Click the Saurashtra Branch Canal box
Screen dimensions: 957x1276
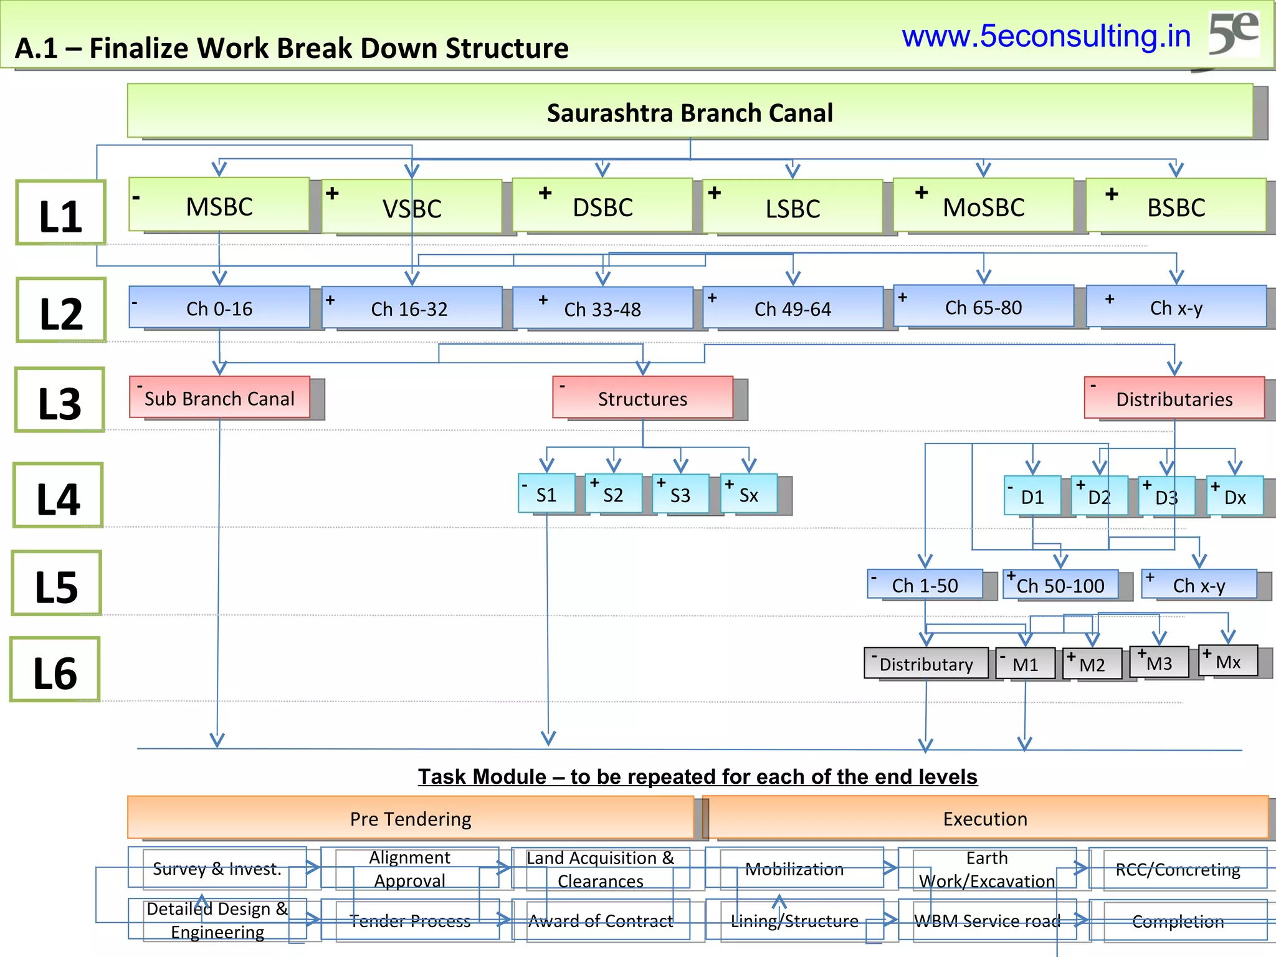tap(690, 112)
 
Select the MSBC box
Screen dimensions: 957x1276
tap(219, 206)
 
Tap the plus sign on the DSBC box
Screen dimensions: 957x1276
tap(545, 193)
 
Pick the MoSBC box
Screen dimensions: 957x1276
tap(983, 206)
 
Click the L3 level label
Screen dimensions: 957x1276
tap(60, 402)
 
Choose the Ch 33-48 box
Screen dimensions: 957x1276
tap(602, 308)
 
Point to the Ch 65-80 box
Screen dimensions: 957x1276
tap(983, 307)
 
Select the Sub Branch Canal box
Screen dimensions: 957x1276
tap(219, 398)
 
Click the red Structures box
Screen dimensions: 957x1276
tap(642, 398)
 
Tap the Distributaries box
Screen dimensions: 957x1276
tap(1174, 399)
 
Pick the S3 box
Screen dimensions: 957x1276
tap(680, 495)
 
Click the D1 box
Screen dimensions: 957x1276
tap(1032, 497)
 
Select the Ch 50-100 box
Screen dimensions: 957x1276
tap(1060, 585)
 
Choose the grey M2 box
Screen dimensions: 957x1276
tap(1092, 664)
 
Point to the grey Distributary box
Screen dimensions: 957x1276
tap(926, 664)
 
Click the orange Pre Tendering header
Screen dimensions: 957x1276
tap(411, 818)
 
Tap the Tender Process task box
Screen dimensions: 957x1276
tap(410, 920)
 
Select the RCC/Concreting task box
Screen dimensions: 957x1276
tap(1178, 869)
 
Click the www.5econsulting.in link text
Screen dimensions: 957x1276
tap(1046, 36)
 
